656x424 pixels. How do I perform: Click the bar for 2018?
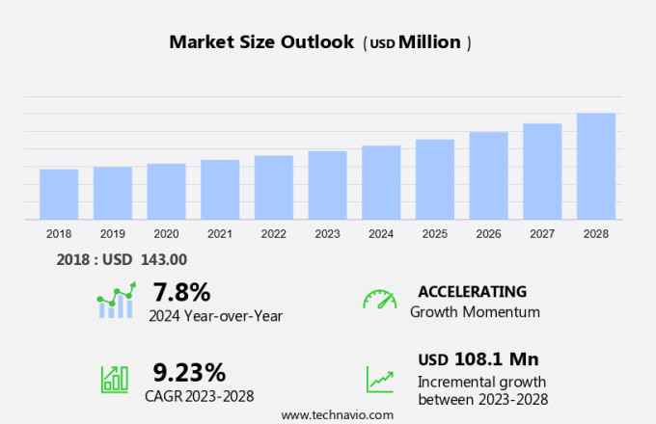pos(59,195)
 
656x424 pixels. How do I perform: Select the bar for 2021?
pos(220,190)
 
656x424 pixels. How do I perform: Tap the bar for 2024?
pos(381,183)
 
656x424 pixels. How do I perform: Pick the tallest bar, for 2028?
pos(596,167)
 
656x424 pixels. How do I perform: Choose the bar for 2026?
pos(488,176)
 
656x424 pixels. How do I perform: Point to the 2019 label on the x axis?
pos(113,233)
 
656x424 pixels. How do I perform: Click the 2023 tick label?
pos(327,233)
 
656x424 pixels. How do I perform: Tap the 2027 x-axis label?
pos(542,233)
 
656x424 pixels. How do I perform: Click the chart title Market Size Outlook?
pos(260,42)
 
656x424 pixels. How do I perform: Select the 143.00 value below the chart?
pos(165,258)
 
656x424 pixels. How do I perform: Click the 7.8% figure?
pos(181,291)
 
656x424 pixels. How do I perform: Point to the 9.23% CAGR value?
pos(189,372)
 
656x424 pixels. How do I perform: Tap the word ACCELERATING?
pos(472,291)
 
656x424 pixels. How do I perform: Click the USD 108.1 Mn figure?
pos(478,359)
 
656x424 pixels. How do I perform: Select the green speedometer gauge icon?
pos(379,299)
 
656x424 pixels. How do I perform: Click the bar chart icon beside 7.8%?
pos(116,301)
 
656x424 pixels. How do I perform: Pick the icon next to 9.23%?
pos(115,378)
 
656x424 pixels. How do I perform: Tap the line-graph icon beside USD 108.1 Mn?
pos(379,378)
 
